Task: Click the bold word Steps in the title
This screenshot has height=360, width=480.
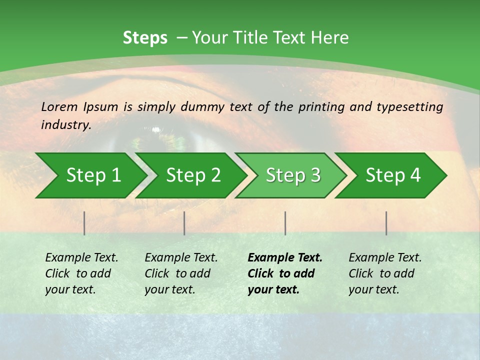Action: tap(145, 38)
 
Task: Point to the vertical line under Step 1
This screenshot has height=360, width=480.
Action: tap(84, 223)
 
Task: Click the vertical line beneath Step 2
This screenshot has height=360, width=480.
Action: tap(184, 223)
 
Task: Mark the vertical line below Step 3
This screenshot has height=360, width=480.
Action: tap(285, 223)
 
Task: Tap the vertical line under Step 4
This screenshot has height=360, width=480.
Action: tap(386, 223)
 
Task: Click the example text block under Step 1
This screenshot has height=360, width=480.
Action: tap(81, 273)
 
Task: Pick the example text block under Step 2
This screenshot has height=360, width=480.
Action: tap(180, 273)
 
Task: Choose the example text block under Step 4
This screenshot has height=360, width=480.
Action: tap(384, 273)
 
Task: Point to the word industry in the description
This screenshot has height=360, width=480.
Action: tap(65, 125)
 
